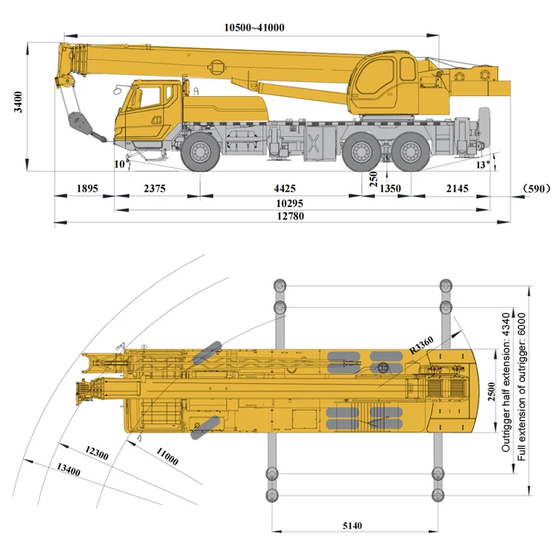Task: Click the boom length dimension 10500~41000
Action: click(x=254, y=28)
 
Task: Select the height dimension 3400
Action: click(x=17, y=102)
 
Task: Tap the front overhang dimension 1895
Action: click(x=87, y=189)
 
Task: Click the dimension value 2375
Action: click(x=154, y=189)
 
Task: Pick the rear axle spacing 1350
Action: click(x=391, y=189)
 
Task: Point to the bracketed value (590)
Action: click(x=535, y=189)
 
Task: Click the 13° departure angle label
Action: click(x=484, y=165)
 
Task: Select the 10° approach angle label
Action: click(x=120, y=163)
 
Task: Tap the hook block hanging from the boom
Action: click(x=77, y=123)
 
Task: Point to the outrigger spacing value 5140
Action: click(x=353, y=526)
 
